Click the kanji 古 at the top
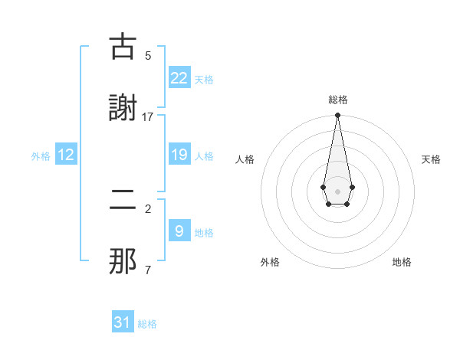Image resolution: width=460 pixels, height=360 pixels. coord(123,47)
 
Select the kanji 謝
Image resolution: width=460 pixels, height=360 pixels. coord(123,108)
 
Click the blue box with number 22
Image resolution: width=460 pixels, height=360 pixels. coord(179,78)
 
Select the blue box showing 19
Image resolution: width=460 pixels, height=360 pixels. coord(179,155)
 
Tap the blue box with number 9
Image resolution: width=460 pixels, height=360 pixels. coord(179,231)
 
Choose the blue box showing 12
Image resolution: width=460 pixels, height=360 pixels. coord(66,155)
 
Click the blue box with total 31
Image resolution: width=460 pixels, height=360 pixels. coord(123,322)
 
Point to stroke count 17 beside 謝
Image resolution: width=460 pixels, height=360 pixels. coord(148,116)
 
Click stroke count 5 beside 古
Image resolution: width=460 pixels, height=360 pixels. coord(148,55)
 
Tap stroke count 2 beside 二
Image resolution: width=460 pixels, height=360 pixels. coord(148,208)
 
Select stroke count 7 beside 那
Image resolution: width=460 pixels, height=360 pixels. coord(148,270)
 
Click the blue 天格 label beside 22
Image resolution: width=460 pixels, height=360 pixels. coord(204,80)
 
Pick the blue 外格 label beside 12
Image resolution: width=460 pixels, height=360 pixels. coord(41,156)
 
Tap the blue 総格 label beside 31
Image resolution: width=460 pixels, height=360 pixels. coord(147,324)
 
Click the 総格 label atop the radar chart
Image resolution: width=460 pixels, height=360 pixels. coord(337,100)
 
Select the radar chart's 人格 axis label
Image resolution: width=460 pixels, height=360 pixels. coord(245,159)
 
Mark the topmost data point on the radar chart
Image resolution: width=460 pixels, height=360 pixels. coord(337,116)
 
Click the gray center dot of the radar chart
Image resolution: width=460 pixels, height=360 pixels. coord(337,191)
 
